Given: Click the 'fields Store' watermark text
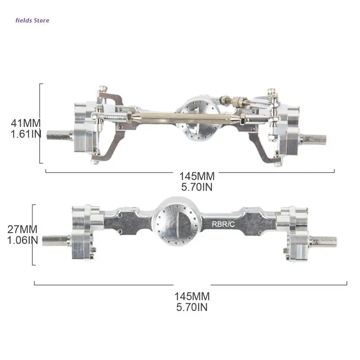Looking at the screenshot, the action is pos(32,20).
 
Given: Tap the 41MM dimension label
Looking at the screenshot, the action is pos(26,123).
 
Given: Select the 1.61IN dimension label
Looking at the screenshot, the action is pos(26,134).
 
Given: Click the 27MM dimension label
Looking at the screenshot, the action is pos(22,229).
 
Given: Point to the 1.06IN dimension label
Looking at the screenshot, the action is pos(22,240).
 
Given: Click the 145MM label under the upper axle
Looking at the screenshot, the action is pos(197,176).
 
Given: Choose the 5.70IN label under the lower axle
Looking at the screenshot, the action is pos(192,307).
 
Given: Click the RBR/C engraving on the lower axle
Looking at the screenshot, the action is pos(223,224).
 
